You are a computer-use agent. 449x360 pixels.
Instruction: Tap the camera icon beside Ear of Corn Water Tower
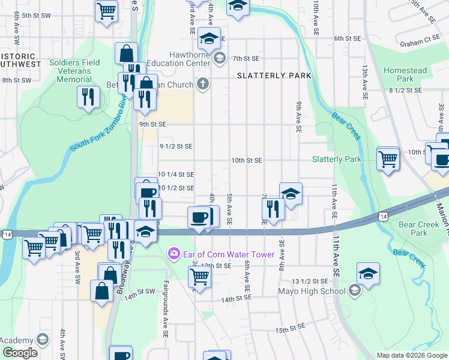click(174, 254)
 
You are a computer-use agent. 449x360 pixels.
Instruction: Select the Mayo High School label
click(311, 292)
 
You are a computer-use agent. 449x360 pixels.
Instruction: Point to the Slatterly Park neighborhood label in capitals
click(274, 76)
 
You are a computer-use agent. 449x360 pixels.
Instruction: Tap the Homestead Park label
click(405, 74)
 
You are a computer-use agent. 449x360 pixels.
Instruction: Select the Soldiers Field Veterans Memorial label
click(70, 71)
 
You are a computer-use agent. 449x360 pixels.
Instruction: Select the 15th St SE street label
click(291, 329)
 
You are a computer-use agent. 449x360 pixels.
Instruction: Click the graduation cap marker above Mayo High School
click(368, 273)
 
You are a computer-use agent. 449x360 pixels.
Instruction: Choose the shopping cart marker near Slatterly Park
click(388, 158)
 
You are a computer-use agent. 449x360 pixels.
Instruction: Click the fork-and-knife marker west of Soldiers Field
click(89, 97)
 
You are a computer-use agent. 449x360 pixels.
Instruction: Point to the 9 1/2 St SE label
click(176, 146)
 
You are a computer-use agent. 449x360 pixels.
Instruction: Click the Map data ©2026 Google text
click(412, 355)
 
